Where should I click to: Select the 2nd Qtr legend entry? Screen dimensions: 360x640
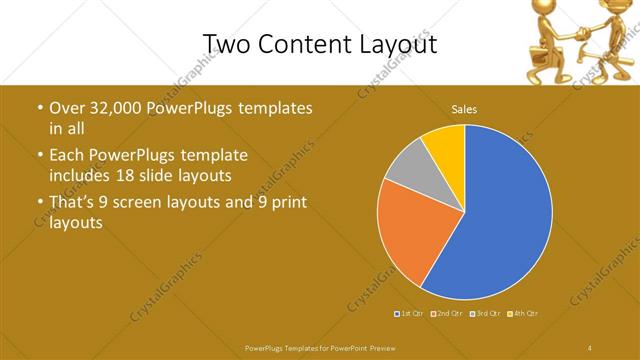click(x=446, y=314)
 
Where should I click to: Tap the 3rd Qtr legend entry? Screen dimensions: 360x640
click(x=485, y=314)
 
